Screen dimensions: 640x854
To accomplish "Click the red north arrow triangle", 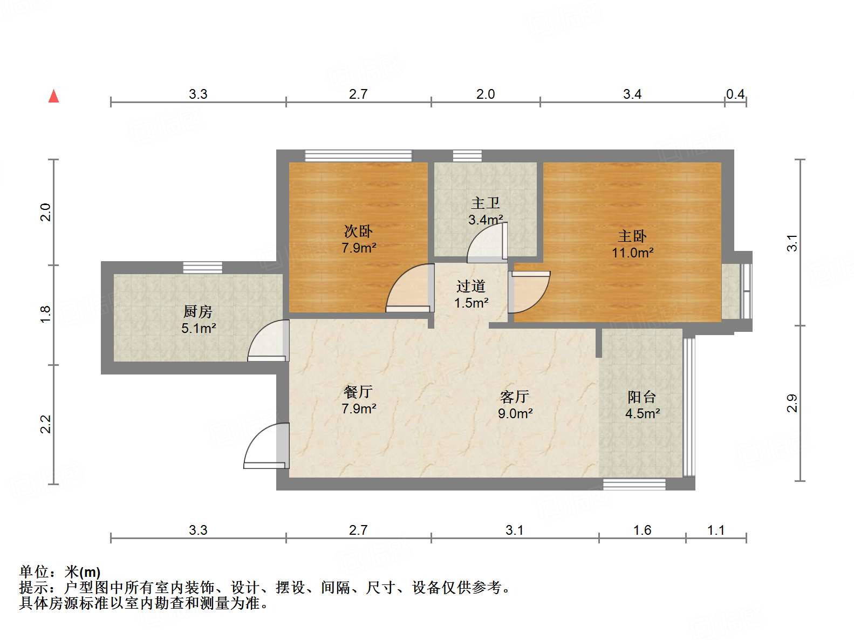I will [53, 96].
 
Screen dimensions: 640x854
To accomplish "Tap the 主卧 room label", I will [632, 236].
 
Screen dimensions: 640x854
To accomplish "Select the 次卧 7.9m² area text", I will [359, 248].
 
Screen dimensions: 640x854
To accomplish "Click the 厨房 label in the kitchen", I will [198, 311].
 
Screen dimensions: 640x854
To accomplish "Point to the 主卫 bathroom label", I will [486, 203].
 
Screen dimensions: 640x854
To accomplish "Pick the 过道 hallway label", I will [471, 286].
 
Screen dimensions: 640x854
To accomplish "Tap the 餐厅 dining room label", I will [358, 392].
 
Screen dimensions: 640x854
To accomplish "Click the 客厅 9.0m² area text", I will [515, 414].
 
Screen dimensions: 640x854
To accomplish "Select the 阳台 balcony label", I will [642, 397].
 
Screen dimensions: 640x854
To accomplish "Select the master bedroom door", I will [529, 291].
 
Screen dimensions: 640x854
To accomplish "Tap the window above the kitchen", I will [202, 267].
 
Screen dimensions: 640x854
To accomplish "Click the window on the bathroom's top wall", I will [467, 155].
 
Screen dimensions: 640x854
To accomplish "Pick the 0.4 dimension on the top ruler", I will [735, 94].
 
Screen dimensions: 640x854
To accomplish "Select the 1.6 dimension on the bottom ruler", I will [642, 530].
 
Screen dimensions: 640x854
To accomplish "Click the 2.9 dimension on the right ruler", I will [792, 403].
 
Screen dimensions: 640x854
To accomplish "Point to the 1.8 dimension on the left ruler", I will [45, 315].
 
